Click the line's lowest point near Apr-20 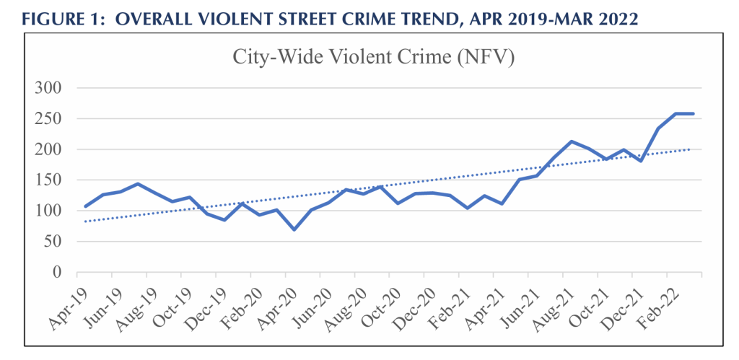coord(294,229)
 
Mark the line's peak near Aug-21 coord(572,141)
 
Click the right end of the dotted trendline coord(691,149)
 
